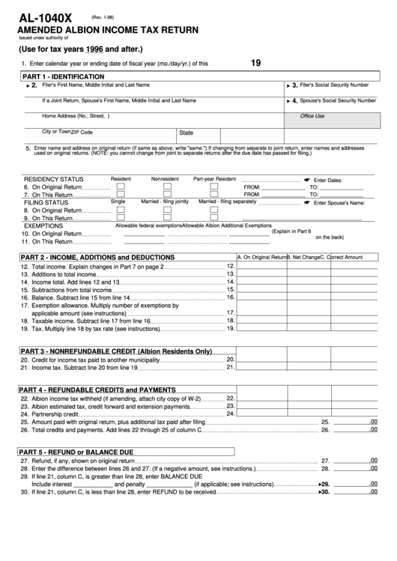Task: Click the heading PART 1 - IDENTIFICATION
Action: (64, 77)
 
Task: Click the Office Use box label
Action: (312, 116)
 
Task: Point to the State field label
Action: (187, 133)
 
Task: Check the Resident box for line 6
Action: (121, 187)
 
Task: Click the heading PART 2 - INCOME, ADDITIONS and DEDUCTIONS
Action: (97, 257)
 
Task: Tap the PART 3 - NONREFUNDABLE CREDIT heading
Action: (116, 351)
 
